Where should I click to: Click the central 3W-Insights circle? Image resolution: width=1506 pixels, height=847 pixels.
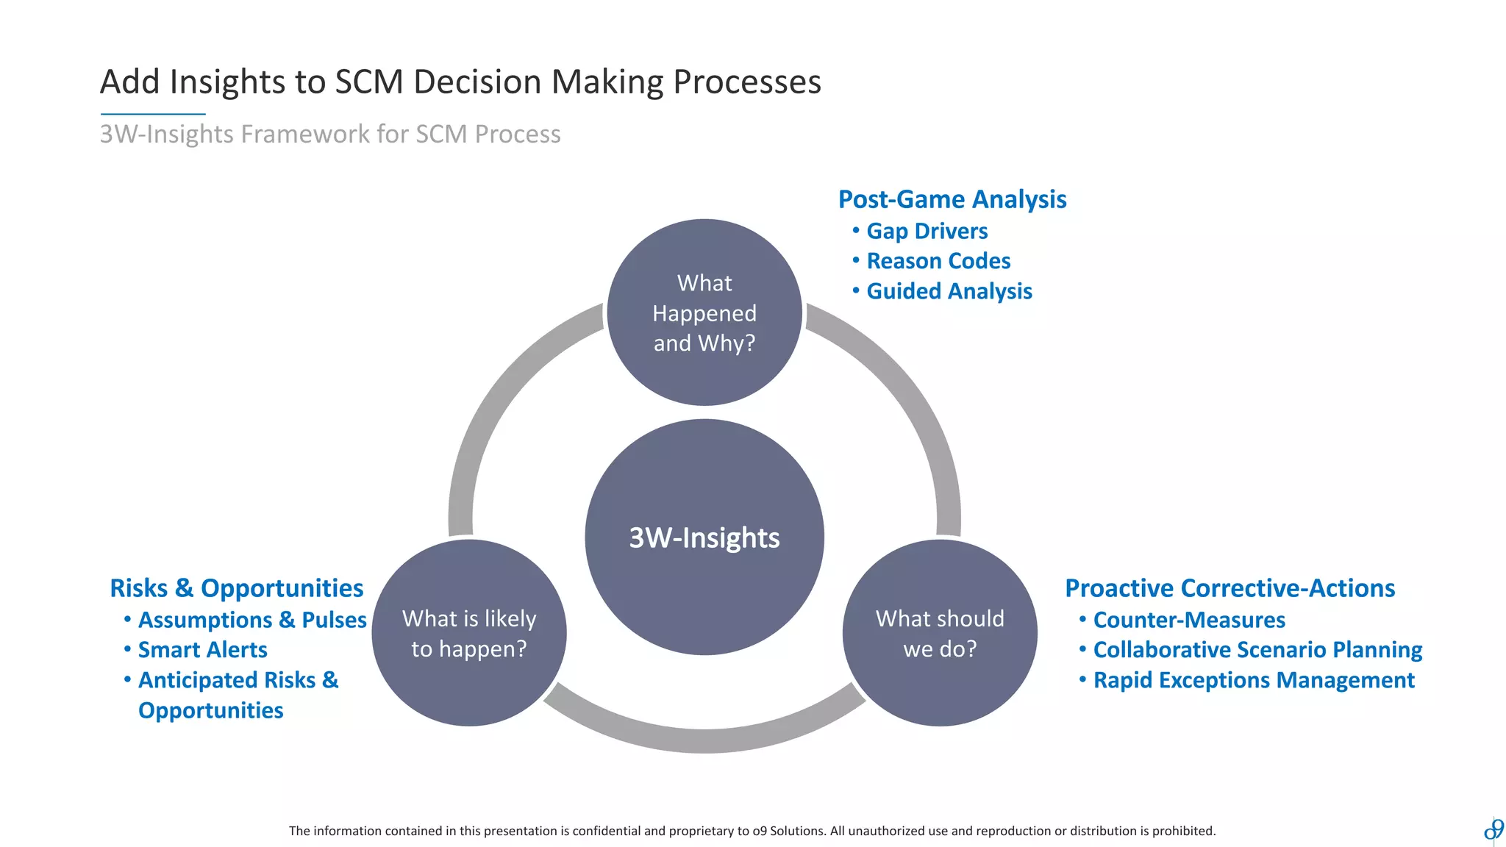[x=704, y=537]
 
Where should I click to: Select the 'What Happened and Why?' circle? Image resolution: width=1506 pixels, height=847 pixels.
[x=704, y=312]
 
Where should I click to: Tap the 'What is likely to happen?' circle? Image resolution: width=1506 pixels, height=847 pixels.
[x=469, y=633]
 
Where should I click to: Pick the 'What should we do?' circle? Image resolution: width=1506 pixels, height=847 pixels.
[x=940, y=633]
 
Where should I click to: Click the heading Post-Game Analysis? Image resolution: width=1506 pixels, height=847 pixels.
[x=952, y=199]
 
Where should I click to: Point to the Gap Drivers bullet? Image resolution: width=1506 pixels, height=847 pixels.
[x=927, y=231]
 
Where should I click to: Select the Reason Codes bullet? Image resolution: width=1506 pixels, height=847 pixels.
[x=938, y=261]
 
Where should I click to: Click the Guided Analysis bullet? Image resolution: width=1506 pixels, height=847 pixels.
[x=949, y=291]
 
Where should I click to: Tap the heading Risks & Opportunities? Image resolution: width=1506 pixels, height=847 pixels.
[x=236, y=588]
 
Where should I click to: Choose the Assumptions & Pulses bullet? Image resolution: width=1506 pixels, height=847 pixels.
[x=251, y=620]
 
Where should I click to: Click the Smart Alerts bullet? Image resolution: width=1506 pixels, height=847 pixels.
[x=202, y=650]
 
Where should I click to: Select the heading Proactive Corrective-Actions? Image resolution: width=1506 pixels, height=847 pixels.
[x=1230, y=588]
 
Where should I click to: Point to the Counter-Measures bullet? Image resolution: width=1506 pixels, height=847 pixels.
[x=1188, y=620]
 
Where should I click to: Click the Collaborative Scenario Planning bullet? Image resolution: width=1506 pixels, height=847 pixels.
[x=1257, y=650]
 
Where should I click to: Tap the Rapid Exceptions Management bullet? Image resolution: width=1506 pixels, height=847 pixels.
[x=1253, y=680]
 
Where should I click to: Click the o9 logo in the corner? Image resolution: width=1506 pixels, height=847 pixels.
[x=1493, y=829]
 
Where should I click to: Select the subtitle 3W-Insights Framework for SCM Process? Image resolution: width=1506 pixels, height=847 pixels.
[x=329, y=134]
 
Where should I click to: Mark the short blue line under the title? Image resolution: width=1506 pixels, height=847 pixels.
[x=153, y=114]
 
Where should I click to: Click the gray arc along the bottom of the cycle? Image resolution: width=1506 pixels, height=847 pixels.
[x=704, y=740]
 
